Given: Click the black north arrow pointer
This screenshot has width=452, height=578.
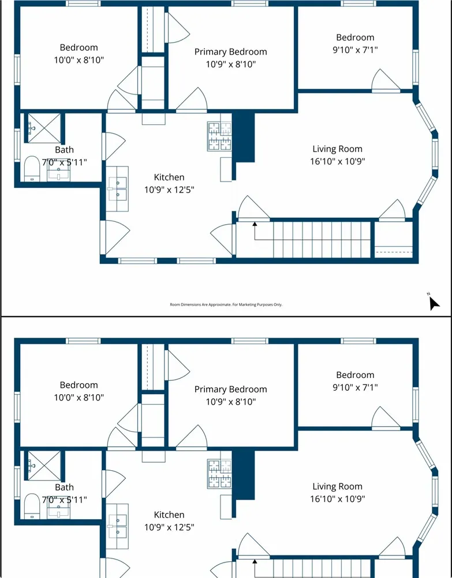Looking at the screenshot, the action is pyautogui.click(x=434, y=303).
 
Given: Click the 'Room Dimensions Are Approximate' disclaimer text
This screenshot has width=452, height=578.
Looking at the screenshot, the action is pyautogui.click(x=226, y=304).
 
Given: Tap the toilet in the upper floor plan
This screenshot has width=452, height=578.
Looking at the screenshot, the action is pyautogui.click(x=32, y=169).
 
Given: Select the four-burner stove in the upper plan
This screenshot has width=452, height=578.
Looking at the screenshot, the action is pyautogui.click(x=219, y=137).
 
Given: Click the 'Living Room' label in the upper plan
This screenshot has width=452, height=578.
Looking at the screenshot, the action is pyautogui.click(x=337, y=149).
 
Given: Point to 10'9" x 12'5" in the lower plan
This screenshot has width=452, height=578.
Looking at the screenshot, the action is pyautogui.click(x=169, y=527).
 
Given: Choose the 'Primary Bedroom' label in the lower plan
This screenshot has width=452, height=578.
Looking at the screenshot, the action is pyautogui.click(x=231, y=389).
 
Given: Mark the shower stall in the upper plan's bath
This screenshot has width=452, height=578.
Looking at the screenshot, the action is pyautogui.click(x=44, y=129).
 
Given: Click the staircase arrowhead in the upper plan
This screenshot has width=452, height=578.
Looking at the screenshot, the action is pyautogui.click(x=255, y=224).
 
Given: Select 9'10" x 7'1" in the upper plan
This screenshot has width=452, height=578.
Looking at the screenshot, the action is pyautogui.click(x=355, y=50).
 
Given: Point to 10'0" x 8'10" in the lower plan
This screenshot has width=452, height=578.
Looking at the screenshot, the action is pyautogui.click(x=79, y=398).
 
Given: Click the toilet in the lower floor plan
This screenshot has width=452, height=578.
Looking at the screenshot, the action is pyautogui.click(x=32, y=507).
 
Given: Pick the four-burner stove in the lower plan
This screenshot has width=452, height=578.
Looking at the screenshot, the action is pyautogui.click(x=219, y=474).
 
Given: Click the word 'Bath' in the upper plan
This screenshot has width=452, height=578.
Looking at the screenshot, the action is pyautogui.click(x=64, y=150).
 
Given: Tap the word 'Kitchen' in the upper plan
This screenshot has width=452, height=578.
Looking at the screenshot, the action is pyautogui.click(x=169, y=177).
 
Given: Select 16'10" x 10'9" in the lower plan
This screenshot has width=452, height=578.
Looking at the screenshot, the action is pyautogui.click(x=338, y=498).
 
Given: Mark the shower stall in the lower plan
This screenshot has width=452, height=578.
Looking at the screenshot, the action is pyautogui.click(x=44, y=466).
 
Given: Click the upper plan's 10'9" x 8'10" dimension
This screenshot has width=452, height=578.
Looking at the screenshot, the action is pyautogui.click(x=231, y=64).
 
